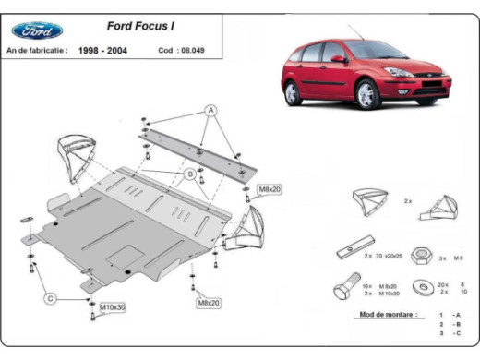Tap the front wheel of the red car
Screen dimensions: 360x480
pos(367,94)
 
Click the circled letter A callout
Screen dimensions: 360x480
pos(210,110)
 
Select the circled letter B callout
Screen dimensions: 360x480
pos(189,173)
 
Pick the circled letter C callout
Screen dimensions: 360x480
pos(52,297)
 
